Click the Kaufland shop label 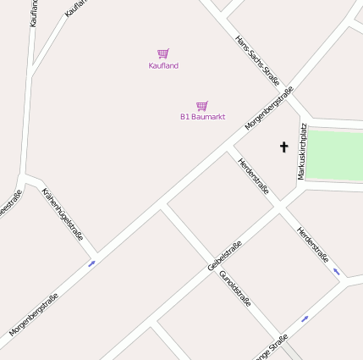[163, 65]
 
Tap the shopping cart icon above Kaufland [163, 53]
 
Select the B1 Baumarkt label [202, 117]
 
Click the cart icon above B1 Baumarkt [201, 106]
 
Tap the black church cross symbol [283, 147]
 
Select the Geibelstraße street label [224, 256]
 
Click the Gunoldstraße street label [235, 292]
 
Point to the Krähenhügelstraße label [63, 214]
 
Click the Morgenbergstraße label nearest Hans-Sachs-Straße [269, 108]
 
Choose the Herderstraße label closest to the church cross [253, 176]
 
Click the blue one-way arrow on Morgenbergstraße [91, 263]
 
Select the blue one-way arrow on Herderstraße [336, 271]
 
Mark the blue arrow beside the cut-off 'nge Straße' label [305, 318]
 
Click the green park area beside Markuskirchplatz [334, 153]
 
